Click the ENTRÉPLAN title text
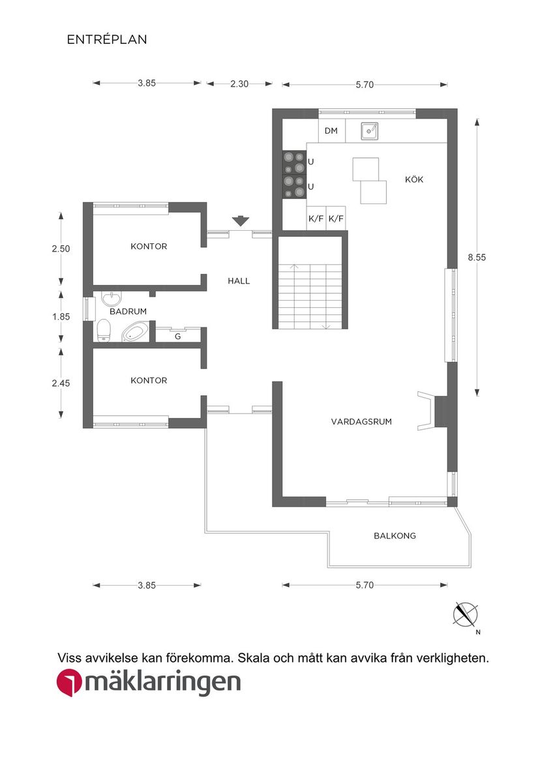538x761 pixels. tap(107, 40)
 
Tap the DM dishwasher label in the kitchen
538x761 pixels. tap(331, 131)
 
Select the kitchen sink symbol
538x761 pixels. tap(370, 131)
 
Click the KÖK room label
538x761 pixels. tap(414, 179)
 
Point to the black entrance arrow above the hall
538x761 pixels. tap(241, 222)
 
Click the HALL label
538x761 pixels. tap(239, 281)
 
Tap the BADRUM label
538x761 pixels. tap(128, 312)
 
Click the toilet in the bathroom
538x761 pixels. tap(103, 331)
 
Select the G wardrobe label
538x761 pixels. tap(177, 336)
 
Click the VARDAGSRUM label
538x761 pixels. tap(361, 422)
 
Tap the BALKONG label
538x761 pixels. tap(395, 536)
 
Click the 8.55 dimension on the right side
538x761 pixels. tap(477, 257)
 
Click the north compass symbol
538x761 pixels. tap(466, 614)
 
